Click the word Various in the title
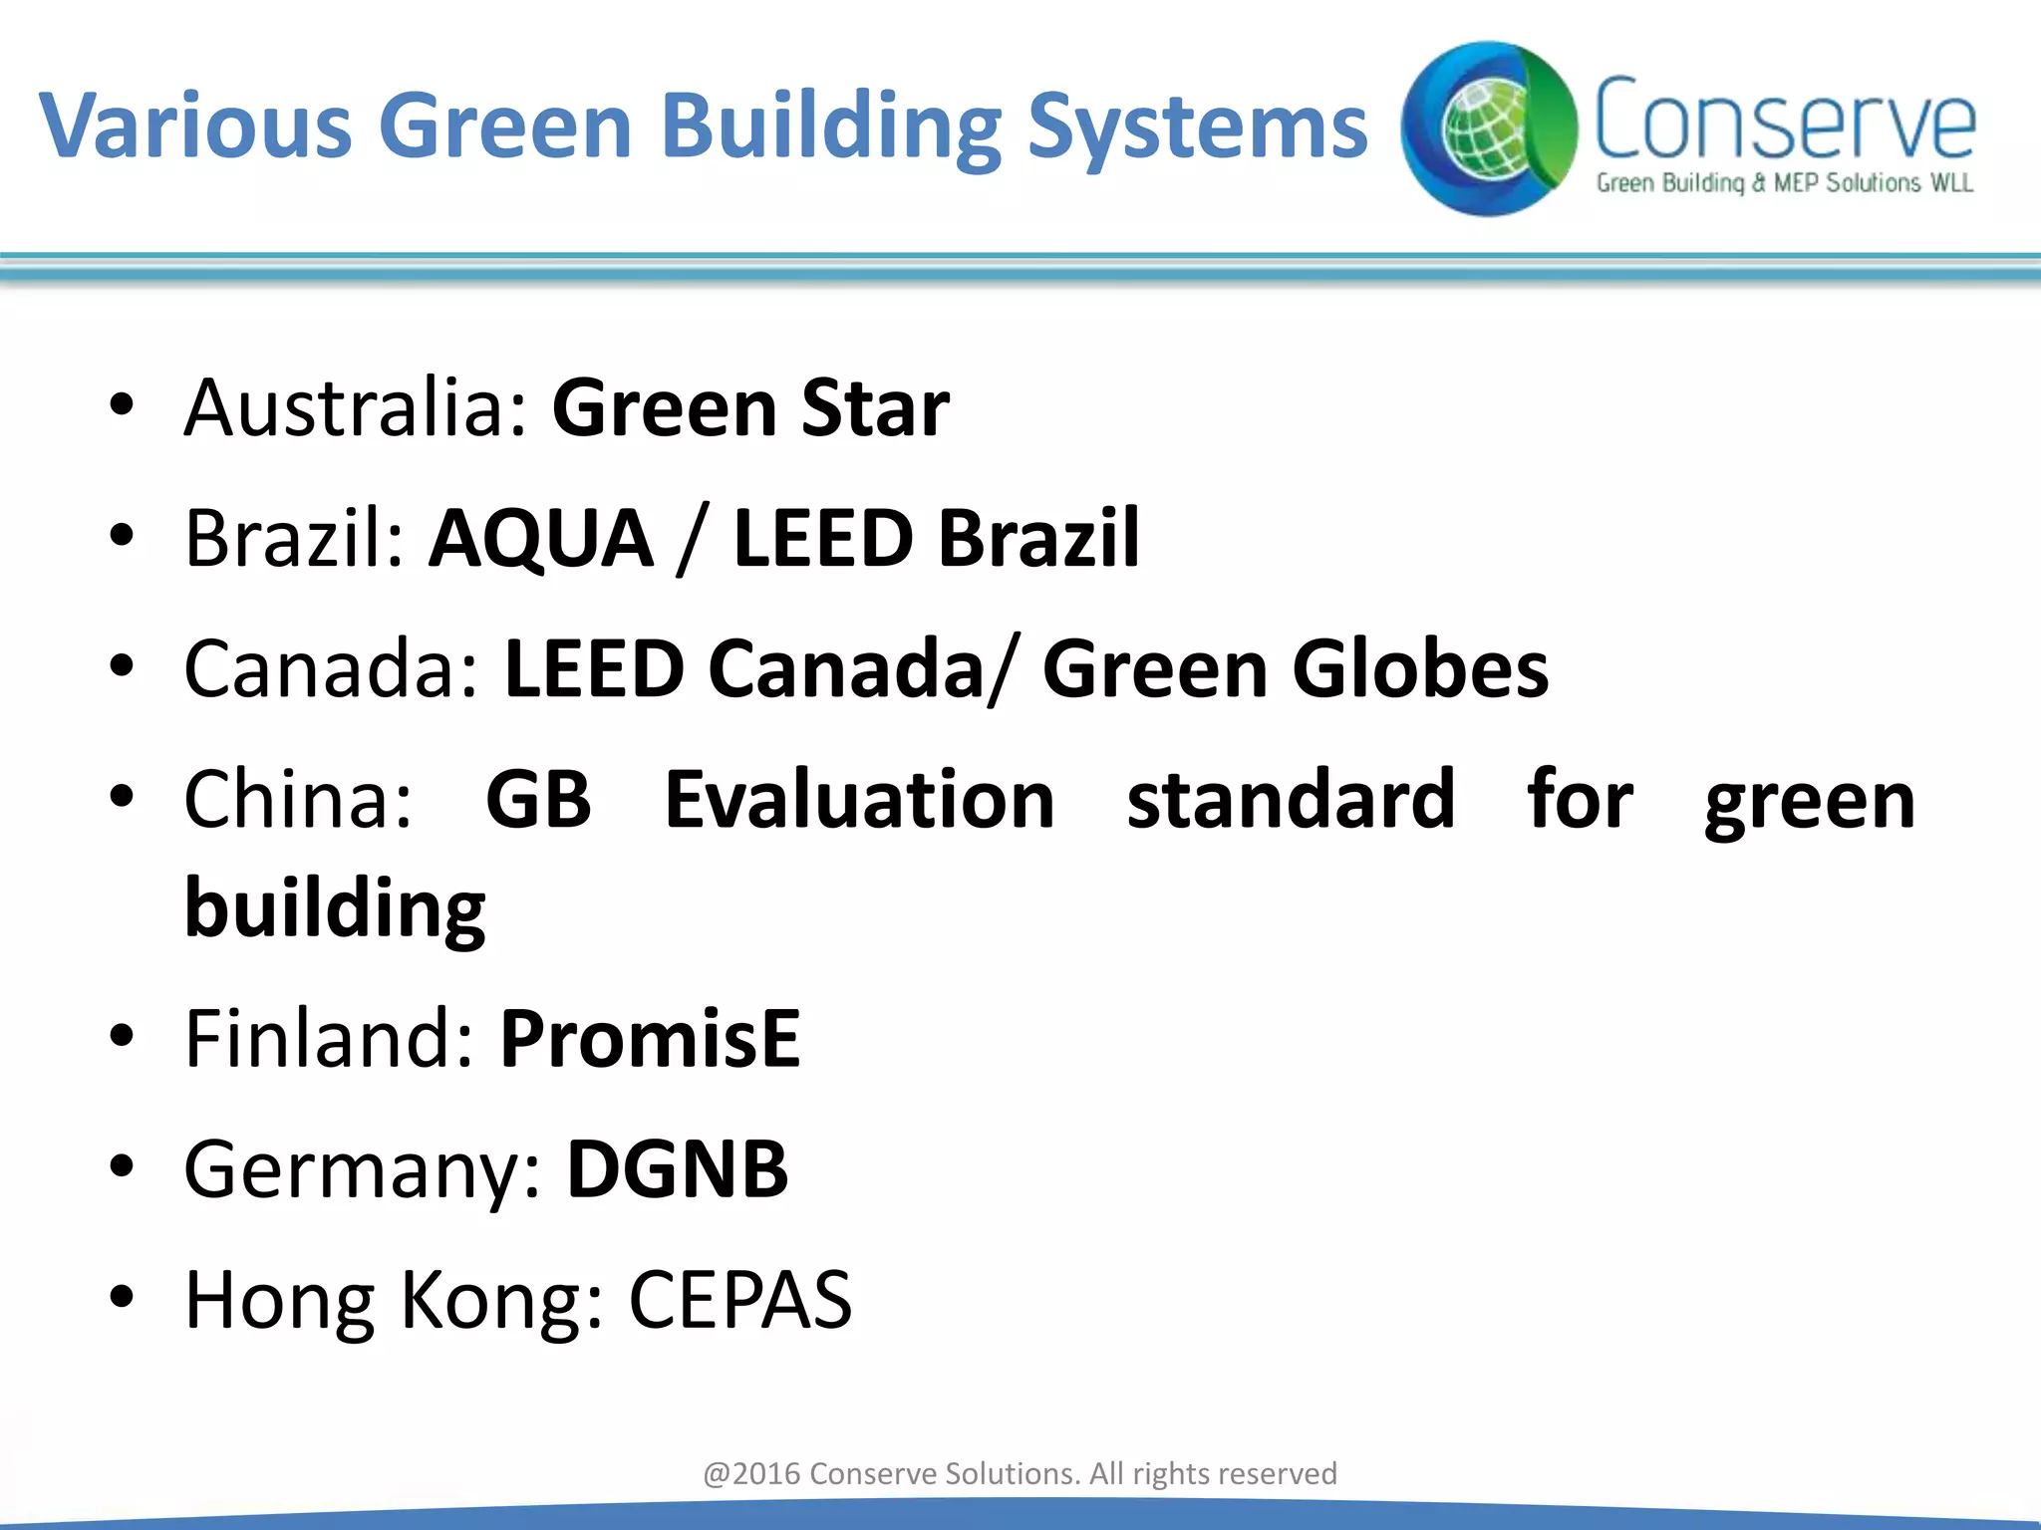coord(195,126)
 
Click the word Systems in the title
coord(1197,127)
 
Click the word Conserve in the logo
coord(1784,120)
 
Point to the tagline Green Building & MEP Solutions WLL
coord(1784,183)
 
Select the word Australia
coord(355,408)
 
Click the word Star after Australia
coord(875,408)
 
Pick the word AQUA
coord(541,538)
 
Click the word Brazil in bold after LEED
coord(1038,538)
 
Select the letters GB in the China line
coord(538,799)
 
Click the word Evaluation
coord(859,799)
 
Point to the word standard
coord(1291,799)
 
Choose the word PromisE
coord(650,1038)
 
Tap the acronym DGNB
coord(678,1169)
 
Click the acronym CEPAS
coord(740,1299)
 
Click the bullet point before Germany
coord(122,1165)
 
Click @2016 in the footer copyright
coord(751,1473)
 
